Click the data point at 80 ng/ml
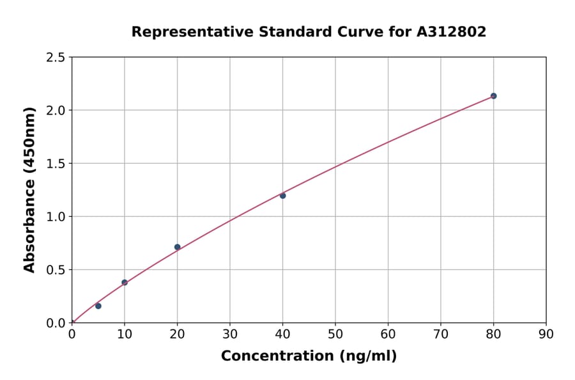pos(493,96)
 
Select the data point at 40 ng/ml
pos(282,196)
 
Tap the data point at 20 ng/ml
pos(177,247)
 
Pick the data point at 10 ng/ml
pos(125,282)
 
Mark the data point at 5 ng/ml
pos(98,306)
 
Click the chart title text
pos(309,32)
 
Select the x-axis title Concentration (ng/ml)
pos(309,356)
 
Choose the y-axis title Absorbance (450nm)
pos(29,189)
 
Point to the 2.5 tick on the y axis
pos(56,58)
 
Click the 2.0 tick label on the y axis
pos(56,111)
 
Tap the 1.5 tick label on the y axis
pos(56,164)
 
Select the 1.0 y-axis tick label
pos(56,217)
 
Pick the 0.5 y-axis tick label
pos(56,270)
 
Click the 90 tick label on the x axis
pos(546,334)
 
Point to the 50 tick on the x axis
pos(335,334)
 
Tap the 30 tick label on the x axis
pos(230,334)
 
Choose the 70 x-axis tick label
pos(440,334)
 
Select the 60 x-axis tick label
pos(388,334)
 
